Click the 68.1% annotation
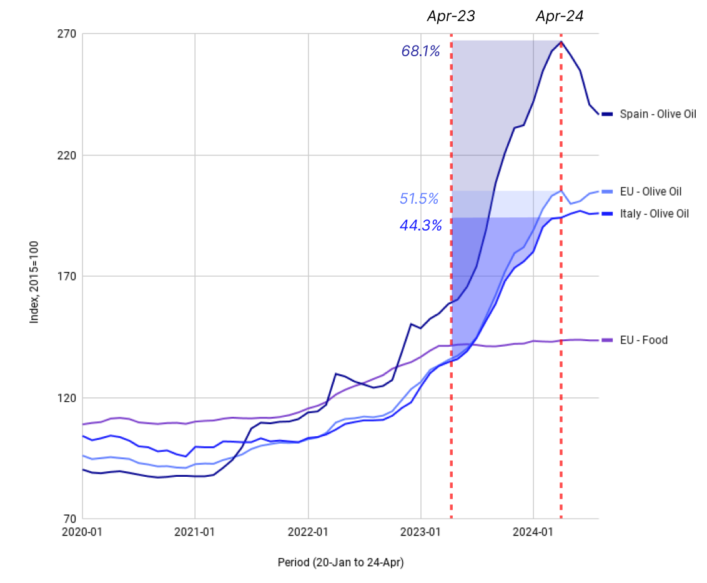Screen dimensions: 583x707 (x=420, y=51)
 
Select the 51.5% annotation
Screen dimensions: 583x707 (x=418, y=199)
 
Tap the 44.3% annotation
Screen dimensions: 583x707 (x=420, y=226)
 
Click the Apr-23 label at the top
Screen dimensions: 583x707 (x=451, y=17)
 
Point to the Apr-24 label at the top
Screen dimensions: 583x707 (x=560, y=17)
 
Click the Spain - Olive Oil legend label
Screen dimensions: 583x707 (x=658, y=114)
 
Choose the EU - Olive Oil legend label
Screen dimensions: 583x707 (x=651, y=191)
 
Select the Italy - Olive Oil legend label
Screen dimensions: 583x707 (x=655, y=214)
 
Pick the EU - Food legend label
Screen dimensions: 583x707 (x=644, y=341)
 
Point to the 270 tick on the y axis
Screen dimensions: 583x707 (x=67, y=34)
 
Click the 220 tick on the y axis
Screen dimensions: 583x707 (x=67, y=155)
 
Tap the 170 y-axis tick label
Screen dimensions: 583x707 (x=67, y=276)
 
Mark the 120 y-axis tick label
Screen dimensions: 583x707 (x=67, y=398)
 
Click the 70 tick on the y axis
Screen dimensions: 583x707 (x=69, y=519)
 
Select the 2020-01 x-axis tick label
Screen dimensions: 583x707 (x=82, y=532)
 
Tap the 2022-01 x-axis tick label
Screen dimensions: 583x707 (x=309, y=532)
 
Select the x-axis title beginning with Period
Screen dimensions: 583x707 (x=340, y=563)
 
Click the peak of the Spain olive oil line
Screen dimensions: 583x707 (x=561, y=42)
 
